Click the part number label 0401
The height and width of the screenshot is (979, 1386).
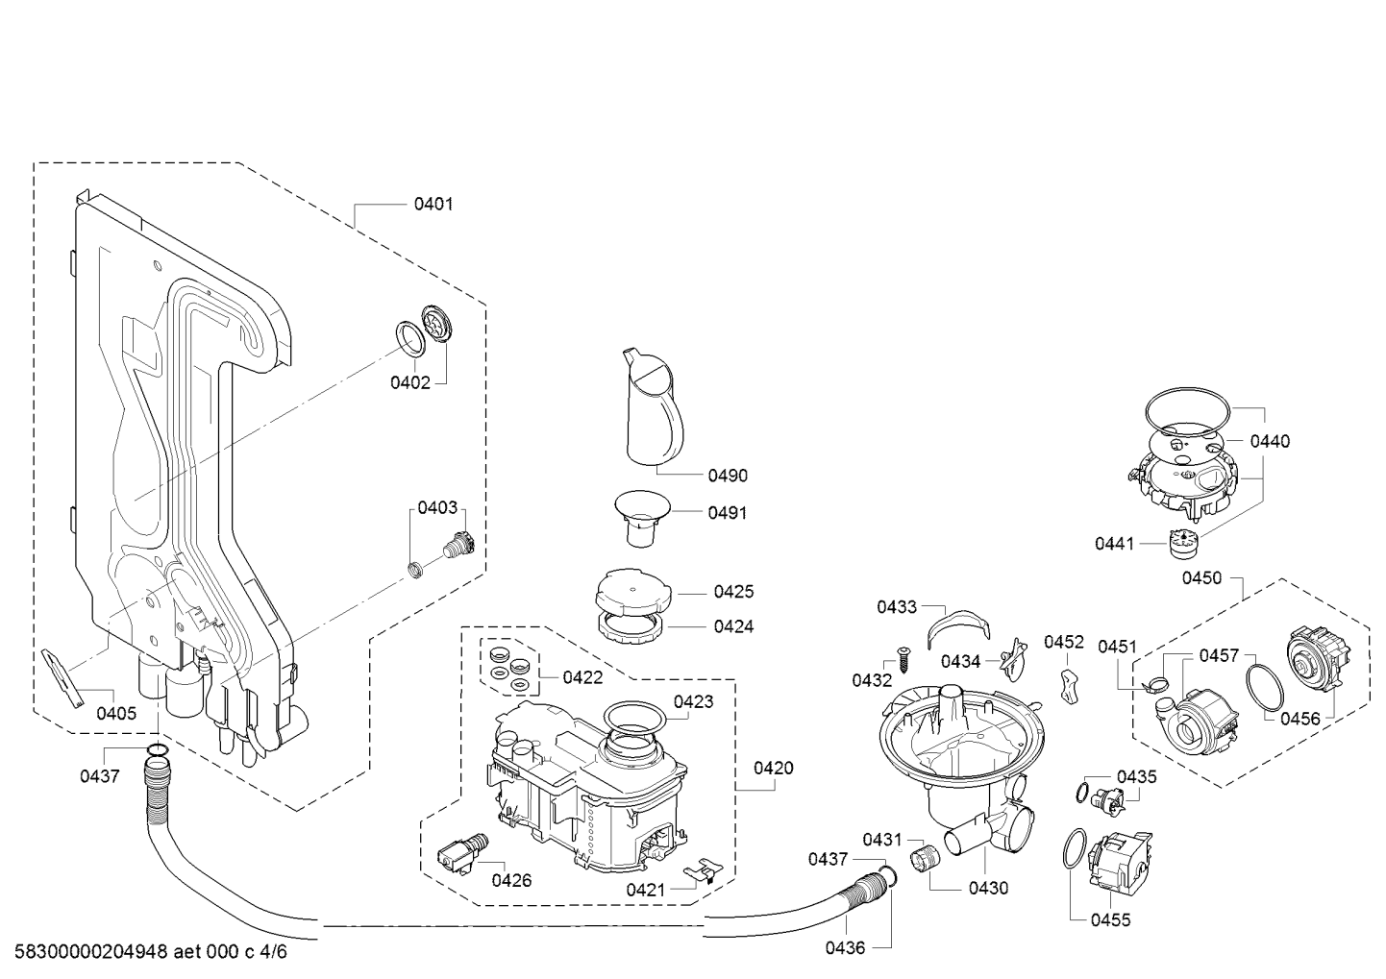(x=433, y=204)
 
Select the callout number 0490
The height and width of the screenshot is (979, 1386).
(x=728, y=476)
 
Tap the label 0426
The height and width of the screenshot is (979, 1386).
(x=511, y=880)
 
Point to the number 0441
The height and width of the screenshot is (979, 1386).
(x=1114, y=544)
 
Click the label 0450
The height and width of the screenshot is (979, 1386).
(x=1201, y=577)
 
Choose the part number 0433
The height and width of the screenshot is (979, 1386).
(x=896, y=607)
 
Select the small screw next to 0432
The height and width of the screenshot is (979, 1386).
(x=904, y=661)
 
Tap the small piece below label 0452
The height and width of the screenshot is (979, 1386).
(x=1068, y=686)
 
